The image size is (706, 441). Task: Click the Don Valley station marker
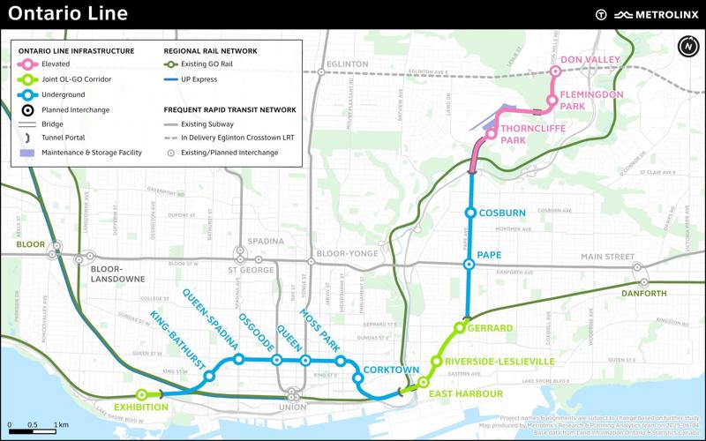coord(555,72)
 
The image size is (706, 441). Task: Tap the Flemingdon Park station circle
coord(552,100)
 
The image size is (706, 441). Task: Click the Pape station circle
coord(469,264)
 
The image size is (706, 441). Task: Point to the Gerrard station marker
coord(459,328)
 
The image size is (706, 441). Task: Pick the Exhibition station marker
coord(141,394)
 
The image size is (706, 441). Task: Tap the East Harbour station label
coord(466,393)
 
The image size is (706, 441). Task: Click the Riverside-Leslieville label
coord(499,362)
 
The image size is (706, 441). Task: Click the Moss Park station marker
coord(340,360)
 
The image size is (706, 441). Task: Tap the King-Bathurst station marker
coord(209,377)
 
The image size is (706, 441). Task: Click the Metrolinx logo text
coord(664,13)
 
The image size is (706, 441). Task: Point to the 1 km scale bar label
coord(62,424)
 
